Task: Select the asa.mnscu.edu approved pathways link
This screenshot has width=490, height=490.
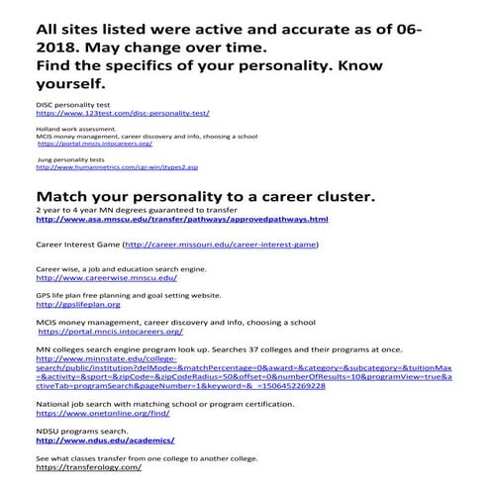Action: click(x=181, y=219)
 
